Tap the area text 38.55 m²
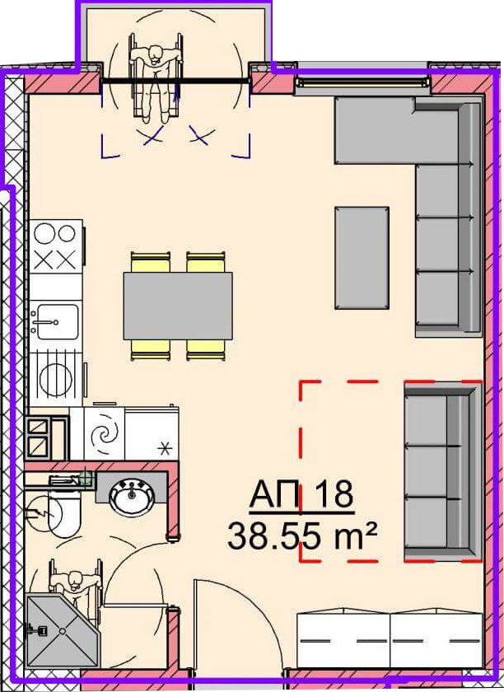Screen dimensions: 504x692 click(x=302, y=535)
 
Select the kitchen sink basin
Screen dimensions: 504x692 click(x=58, y=321)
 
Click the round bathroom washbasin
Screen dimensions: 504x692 click(x=132, y=498)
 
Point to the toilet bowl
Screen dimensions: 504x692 click(x=65, y=515)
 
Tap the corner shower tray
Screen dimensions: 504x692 click(x=62, y=630)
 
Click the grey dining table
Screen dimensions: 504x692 click(x=178, y=306)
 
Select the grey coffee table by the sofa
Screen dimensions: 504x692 click(x=362, y=258)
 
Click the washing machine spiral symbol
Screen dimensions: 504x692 click(x=105, y=434)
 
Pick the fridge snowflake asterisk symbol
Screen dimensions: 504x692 click(x=165, y=450)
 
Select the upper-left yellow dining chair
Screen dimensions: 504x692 click(x=151, y=262)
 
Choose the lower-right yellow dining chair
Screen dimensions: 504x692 click(x=206, y=349)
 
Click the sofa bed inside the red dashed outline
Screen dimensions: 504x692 click(x=442, y=472)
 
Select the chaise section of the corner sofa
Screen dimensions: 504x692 click(x=376, y=131)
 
